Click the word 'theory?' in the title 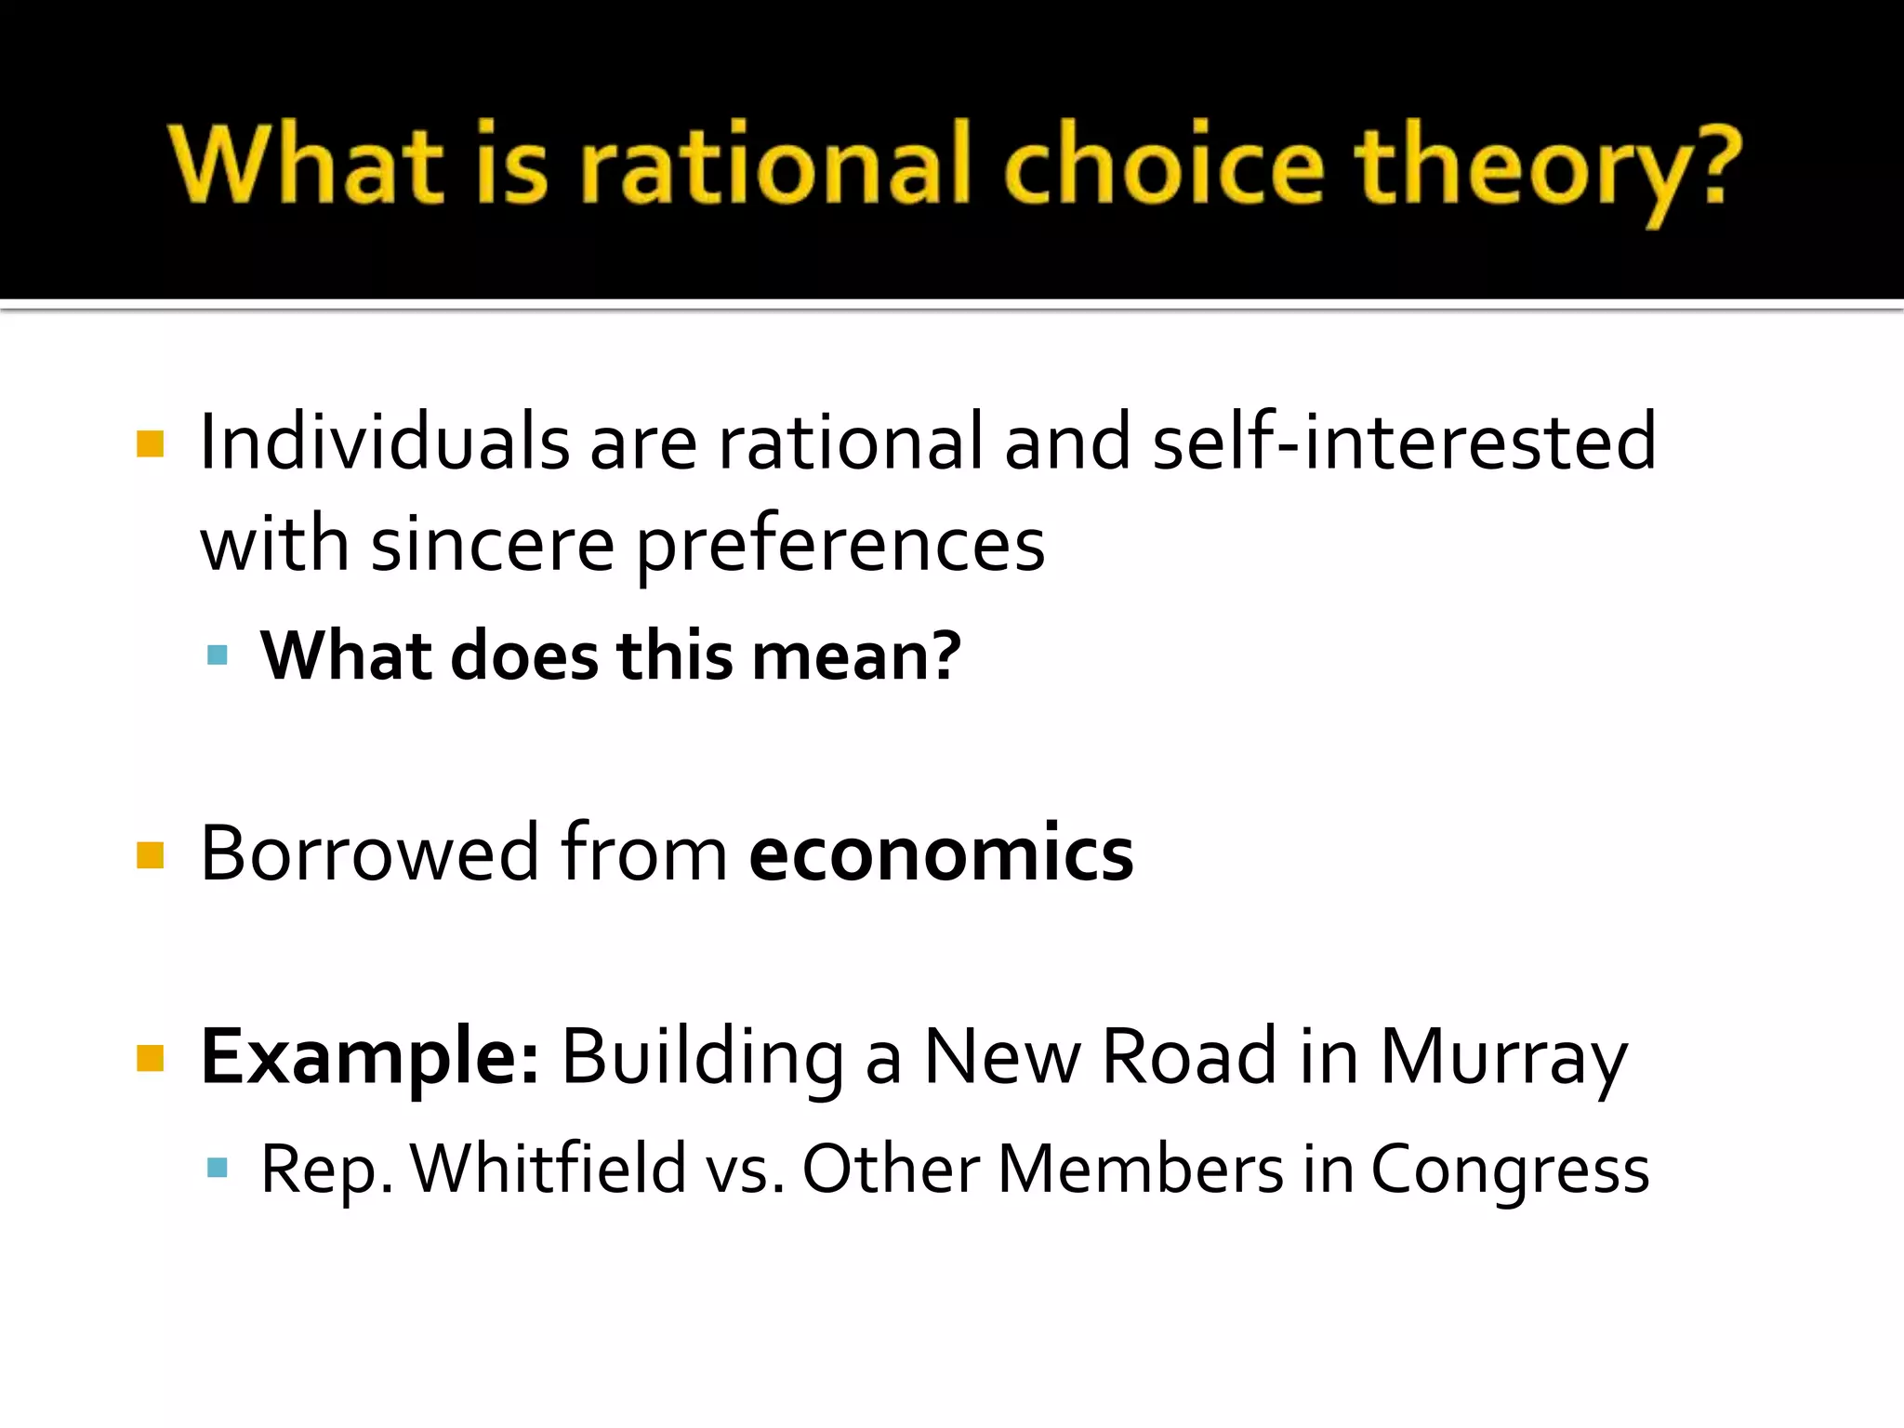click(1546, 167)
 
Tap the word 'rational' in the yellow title click(776, 165)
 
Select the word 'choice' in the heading click(1162, 165)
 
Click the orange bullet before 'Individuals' click(150, 443)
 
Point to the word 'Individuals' click(384, 443)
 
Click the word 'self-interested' click(1404, 443)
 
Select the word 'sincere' click(492, 545)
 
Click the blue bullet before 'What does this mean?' click(218, 655)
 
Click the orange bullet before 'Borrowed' click(150, 854)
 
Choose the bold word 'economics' click(941, 853)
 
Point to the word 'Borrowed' click(369, 853)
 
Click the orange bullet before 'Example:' click(150, 1058)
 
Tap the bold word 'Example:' click(369, 1058)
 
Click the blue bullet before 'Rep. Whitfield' click(218, 1168)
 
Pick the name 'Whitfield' click(549, 1169)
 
